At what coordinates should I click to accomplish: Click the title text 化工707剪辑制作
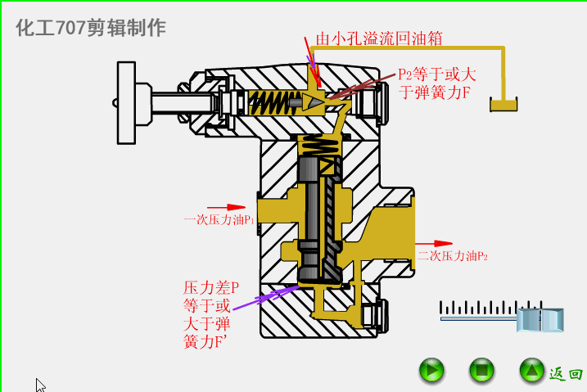click(91, 28)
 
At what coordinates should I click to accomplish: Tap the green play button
click(431, 371)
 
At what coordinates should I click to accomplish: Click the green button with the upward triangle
click(531, 371)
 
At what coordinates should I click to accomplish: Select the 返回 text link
click(566, 373)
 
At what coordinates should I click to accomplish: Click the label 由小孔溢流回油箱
click(380, 38)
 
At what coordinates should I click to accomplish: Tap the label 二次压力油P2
click(453, 256)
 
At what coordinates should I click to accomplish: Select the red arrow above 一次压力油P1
click(226, 207)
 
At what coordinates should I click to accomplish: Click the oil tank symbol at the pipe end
click(503, 104)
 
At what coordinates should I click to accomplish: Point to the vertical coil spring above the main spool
click(321, 147)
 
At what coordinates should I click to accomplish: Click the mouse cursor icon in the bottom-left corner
click(40, 385)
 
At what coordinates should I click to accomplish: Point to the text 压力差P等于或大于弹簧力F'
click(210, 314)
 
